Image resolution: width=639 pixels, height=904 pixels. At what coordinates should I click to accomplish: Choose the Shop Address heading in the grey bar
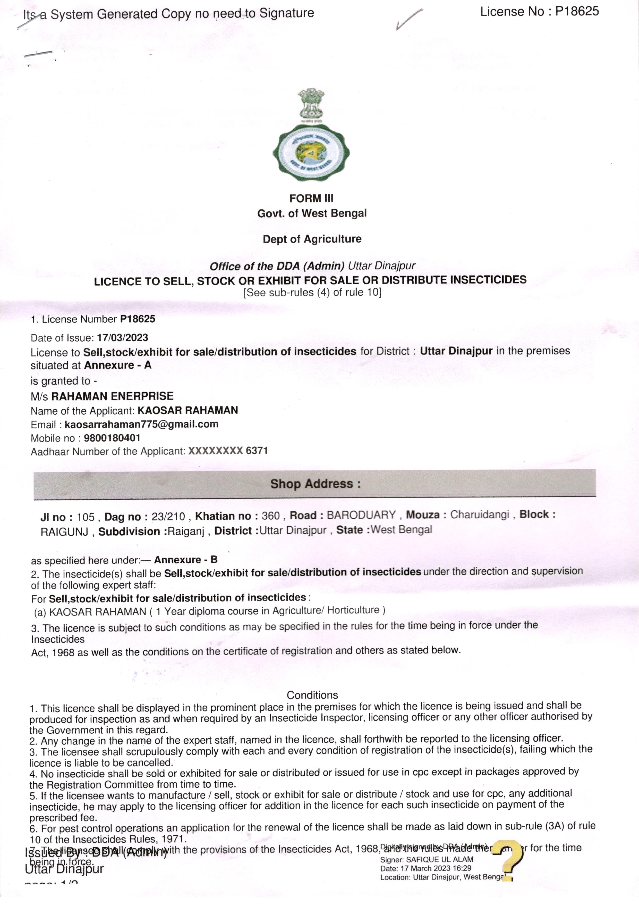coord(315,484)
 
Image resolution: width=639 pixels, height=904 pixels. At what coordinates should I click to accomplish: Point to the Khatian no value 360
coord(270,516)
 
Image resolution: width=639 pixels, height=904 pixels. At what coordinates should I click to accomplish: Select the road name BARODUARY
coord(361,515)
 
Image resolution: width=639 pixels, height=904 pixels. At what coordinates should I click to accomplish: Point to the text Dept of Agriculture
coord(312,239)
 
